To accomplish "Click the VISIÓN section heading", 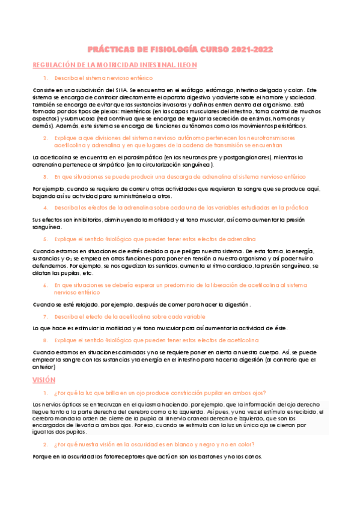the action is pos(44,379).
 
